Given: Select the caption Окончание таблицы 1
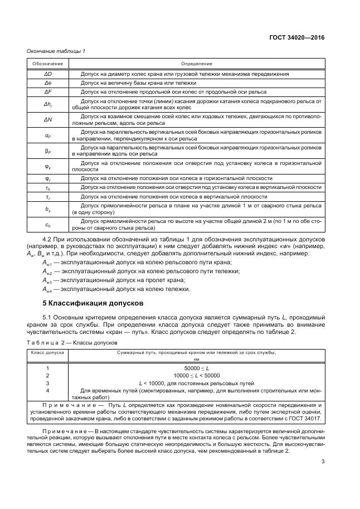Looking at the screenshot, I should tap(56, 52).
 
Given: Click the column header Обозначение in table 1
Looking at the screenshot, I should tap(47, 64).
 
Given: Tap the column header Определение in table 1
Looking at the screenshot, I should tap(196, 64).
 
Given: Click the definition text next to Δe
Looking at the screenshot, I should tap(132, 83).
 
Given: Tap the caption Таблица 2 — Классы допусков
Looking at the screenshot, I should tap(65, 341).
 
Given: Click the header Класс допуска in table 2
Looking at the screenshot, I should tap(47, 352).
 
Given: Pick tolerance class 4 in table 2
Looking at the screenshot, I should tap(47, 390).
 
